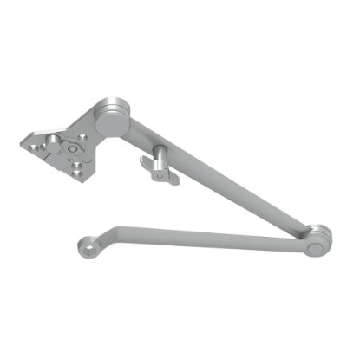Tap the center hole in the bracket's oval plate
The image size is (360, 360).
coord(71,148)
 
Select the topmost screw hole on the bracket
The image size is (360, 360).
coord(82,138)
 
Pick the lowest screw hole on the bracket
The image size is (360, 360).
coord(76,173)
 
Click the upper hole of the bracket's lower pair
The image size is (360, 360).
coord(77,165)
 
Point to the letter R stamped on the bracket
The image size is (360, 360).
coord(69,159)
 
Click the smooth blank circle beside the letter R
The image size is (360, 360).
coord(87,160)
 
